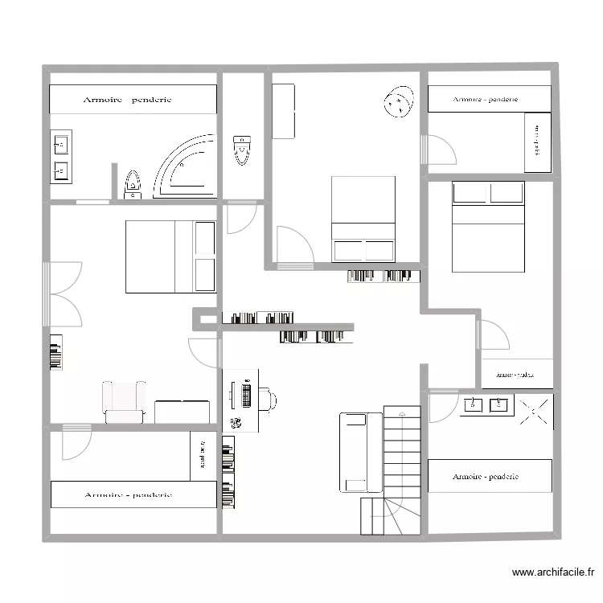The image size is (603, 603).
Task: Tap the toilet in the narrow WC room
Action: pos(241,150)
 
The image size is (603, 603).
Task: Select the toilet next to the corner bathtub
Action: pos(133,184)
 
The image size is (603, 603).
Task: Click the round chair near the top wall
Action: pos(398,102)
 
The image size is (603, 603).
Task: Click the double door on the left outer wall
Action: pos(64,293)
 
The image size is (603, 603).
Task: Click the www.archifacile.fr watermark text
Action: pos(552,572)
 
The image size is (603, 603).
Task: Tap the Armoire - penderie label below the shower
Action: pos(486,477)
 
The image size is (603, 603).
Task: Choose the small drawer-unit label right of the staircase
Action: pos(516,374)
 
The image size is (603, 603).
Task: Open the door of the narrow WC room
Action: pos(240,219)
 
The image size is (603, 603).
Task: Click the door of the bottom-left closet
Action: pos(76,442)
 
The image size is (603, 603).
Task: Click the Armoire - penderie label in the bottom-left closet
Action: pos(129,494)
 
